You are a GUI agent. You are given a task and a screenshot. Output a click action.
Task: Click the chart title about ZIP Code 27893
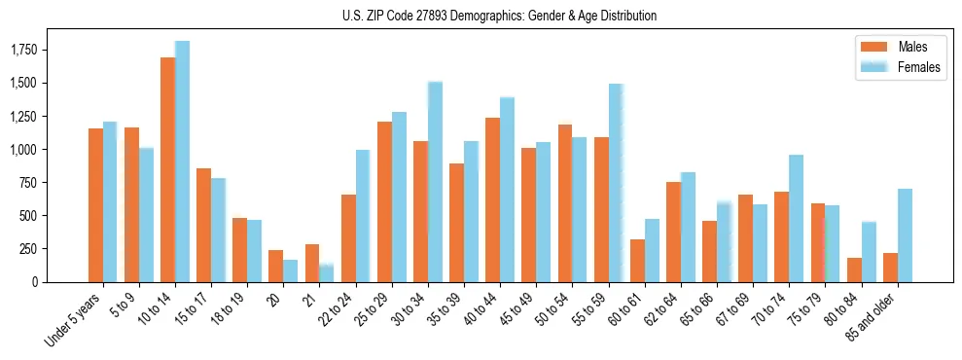[499, 16]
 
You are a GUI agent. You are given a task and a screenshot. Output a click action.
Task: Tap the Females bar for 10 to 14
[182, 162]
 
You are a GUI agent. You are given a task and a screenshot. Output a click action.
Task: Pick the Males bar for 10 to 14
[167, 169]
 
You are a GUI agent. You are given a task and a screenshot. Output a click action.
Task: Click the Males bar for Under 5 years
[95, 204]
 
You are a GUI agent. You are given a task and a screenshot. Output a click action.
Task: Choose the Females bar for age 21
[327, 272]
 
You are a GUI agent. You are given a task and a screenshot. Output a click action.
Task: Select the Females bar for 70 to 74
[797, 218]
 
